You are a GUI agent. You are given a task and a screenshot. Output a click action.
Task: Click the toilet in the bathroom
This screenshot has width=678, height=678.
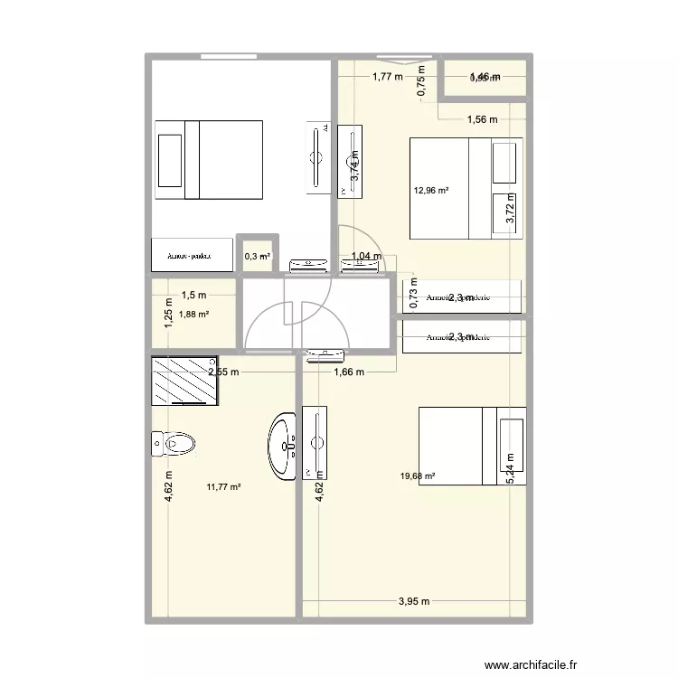click(174, 443)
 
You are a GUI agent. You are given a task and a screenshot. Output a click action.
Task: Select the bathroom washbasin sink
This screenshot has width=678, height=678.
click(283, 444)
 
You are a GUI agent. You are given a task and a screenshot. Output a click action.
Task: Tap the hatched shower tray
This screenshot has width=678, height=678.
click(184, 381)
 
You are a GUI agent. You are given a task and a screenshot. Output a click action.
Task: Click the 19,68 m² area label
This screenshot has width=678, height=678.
click(419, 476)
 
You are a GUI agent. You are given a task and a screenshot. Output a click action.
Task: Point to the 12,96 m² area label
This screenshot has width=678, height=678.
click(431, 190)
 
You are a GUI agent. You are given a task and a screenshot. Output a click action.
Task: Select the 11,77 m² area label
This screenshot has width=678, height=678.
click(223, 487)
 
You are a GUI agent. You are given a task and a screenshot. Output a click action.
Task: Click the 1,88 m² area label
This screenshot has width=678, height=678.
click(194, 315)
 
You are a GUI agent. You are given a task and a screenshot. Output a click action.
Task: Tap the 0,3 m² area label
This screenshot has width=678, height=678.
click(257, 257)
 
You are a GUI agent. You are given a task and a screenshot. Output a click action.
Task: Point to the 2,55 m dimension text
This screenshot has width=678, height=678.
click(223, 372)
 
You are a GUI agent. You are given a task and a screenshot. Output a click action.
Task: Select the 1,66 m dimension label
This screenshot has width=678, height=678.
click(348, 372)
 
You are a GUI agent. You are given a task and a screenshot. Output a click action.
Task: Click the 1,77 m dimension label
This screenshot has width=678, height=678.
click(387, 77)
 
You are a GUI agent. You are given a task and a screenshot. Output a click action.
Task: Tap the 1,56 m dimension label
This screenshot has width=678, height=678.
click(482, 119)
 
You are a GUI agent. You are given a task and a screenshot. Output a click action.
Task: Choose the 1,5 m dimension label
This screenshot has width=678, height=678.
click(194, 295)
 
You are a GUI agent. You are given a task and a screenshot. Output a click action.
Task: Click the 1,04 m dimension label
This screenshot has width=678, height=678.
click(365, 257)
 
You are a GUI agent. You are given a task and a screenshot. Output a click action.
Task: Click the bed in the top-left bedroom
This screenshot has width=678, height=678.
click(209, 159)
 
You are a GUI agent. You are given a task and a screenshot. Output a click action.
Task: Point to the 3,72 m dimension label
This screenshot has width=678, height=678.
click(511, 208)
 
